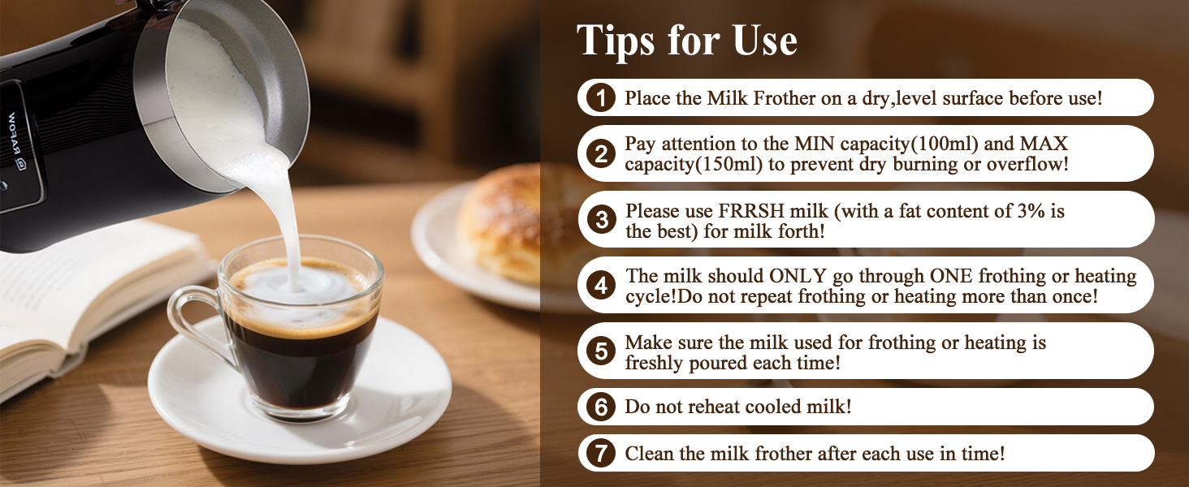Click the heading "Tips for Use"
click(687, 41)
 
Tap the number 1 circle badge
click(601, 99)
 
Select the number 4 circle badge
click(601, 286)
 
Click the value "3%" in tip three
click(1023, 211)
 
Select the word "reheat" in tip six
click(706, 407)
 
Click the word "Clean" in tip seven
click(647, 454)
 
